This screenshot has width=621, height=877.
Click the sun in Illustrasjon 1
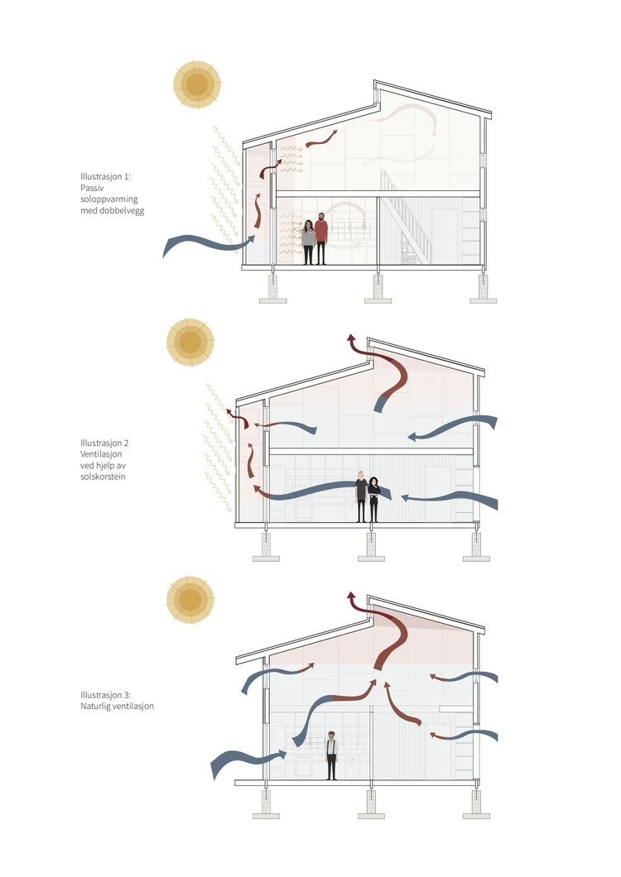tap(197, 84)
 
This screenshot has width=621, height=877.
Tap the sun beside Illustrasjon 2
tap(190, 341)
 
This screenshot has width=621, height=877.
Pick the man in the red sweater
tap(321, 239)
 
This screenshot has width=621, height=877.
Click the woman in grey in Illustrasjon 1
tap(308, 242)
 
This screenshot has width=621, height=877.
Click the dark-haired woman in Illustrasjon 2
tap(374, 500)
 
